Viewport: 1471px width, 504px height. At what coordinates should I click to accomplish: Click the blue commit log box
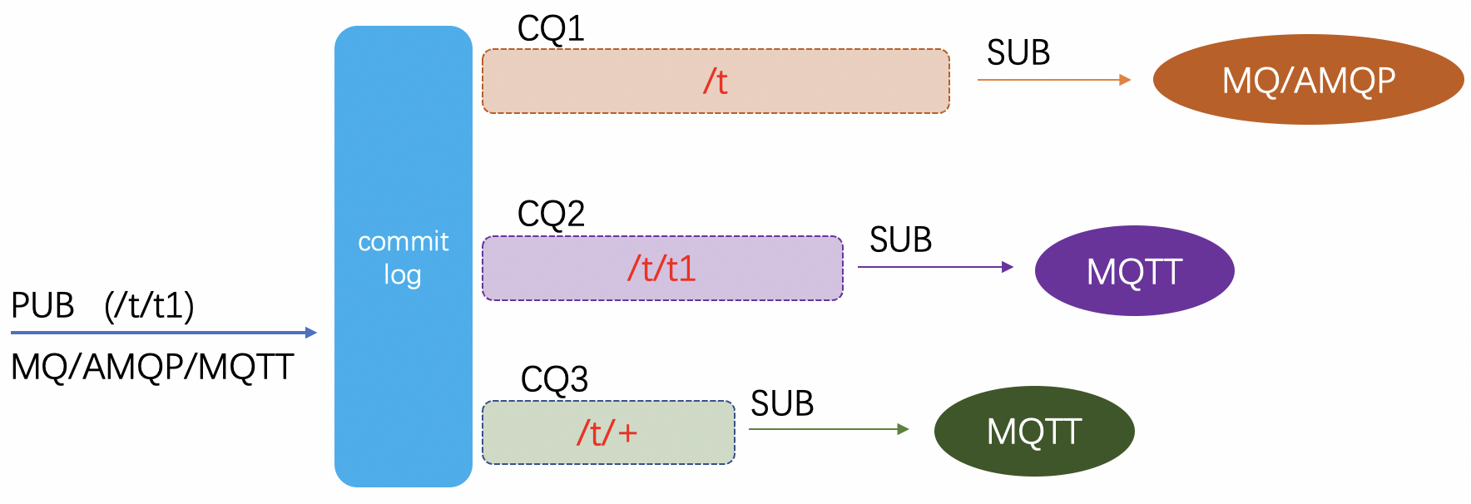click(403, 256)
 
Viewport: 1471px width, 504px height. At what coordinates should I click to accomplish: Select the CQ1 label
click(551, 29)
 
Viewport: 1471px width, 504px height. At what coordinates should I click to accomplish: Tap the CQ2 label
click(551, 215)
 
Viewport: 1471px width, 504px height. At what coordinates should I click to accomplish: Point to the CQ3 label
click(554, 379)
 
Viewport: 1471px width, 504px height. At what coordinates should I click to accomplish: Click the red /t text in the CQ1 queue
click(716, 82)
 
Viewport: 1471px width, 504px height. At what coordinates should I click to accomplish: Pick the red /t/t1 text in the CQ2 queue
click(661, 269)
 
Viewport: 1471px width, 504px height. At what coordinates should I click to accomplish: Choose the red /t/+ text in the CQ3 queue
click(607, 433)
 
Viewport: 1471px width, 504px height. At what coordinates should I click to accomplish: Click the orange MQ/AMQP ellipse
click(1308, 80)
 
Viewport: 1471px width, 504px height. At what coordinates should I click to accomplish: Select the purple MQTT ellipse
click(1134, 271)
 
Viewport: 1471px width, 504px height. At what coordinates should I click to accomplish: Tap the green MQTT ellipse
click(1034, 431)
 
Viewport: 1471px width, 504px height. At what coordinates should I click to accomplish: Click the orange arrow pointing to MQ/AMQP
click(1053, 80)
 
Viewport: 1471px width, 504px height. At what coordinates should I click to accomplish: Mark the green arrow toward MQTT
click(829, 429)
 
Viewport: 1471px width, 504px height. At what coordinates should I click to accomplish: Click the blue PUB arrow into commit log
click(163, 333)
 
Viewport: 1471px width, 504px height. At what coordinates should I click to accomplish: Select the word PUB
click(42, 306)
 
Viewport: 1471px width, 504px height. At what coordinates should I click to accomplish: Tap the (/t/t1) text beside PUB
click(149, 306)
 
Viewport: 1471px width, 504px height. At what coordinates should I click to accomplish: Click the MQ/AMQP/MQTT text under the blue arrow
click(152, 367)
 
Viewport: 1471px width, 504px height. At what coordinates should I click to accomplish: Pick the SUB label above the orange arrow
click(1018, 53)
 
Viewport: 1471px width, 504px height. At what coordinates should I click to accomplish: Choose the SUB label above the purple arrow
click(900, 240)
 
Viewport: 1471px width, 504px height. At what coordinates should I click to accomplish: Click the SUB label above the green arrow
click(782, 404)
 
